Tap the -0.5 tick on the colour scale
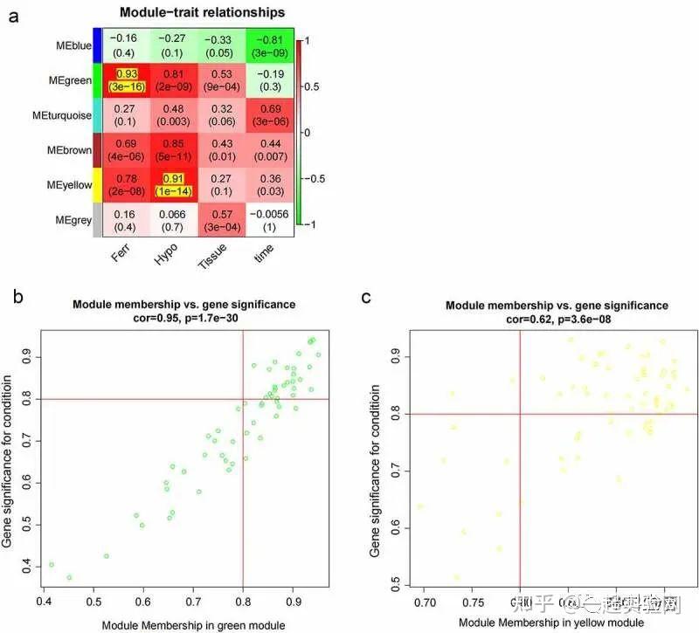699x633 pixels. click(x=316, y=177)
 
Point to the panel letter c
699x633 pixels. click(x=366, y=297)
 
